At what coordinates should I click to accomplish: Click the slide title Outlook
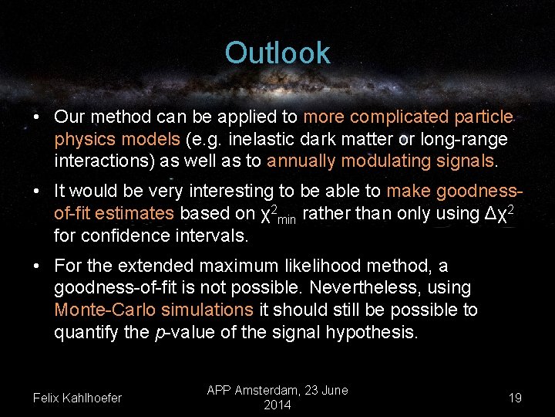(277, 53)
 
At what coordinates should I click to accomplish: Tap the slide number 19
(515, 398)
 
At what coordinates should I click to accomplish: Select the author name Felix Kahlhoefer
(77, 398)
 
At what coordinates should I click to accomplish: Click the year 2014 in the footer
(277, 405)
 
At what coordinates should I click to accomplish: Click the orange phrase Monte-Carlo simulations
(153, 310)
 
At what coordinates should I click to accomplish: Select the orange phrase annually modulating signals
(380, 161)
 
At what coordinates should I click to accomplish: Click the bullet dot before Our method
(37, 117)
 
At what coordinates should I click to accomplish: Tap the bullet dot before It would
(37, 191)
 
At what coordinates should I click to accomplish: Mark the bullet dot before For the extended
(37, 266)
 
